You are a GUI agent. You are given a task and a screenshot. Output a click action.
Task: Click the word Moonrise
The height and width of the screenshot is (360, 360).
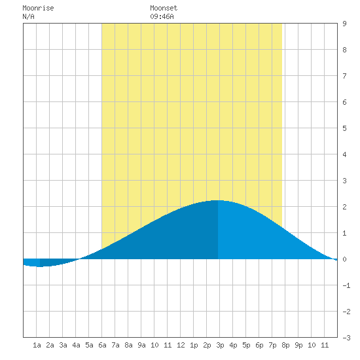(x=38, y=9)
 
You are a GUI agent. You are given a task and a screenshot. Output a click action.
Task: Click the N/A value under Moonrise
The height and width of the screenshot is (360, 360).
(x=28, y=16)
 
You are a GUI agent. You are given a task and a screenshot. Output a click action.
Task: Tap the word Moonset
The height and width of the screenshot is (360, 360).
(x=164, y=9)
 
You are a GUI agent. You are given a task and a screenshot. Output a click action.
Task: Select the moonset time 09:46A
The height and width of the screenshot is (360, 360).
(x=162, y=16)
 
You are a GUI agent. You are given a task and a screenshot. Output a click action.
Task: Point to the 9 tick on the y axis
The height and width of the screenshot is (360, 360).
(x=344, y=24)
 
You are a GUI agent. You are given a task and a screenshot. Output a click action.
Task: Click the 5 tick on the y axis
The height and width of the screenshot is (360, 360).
(x=344, y=128)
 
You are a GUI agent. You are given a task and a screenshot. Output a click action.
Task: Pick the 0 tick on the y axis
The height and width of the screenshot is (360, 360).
(x=344, y=259)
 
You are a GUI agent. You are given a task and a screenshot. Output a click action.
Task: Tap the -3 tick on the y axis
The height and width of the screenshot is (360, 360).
(x=346, y=338)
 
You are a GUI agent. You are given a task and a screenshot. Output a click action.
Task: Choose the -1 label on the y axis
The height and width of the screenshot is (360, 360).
(x=346, y=285)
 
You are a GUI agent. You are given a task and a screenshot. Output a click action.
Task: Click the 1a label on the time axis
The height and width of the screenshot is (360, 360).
(x=37, y=345)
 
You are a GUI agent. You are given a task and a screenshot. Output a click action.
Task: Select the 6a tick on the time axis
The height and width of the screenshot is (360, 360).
(x=102, y=345)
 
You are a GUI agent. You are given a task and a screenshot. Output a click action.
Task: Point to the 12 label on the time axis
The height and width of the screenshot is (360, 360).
(x=181, y=345)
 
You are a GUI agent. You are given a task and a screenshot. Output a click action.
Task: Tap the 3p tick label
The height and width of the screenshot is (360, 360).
(x=220, y=345)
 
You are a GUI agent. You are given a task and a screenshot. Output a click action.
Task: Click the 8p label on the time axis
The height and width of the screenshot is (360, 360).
(x=285, y=345)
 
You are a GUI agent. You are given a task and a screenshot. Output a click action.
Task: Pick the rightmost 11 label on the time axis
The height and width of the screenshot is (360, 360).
(x=325, y=345)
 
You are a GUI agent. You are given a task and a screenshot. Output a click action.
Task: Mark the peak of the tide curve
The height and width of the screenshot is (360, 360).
(x=218, y=200)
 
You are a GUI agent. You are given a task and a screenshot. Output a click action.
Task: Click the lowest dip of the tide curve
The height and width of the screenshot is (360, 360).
(x=40, y=267)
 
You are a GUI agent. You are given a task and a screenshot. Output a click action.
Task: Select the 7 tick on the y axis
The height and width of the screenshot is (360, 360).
(x=344, y=76)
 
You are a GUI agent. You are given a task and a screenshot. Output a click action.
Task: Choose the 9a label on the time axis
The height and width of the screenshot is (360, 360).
(x=141, y=345)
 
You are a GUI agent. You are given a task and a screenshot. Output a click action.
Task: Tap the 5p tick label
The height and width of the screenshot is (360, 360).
(x=246, y=345)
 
